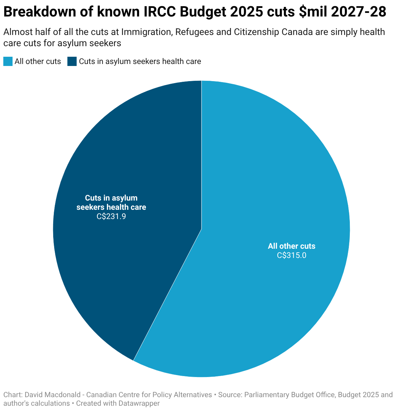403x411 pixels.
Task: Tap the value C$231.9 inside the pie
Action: coord(111,217)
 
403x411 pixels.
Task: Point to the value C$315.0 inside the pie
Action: coord(291,255)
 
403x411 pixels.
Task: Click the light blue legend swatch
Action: coord(8,61)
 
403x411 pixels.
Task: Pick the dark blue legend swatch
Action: coord(72,61)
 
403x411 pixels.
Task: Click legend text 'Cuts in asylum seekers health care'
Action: coord(140,61)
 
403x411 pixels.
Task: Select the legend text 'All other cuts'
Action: coord(38,61)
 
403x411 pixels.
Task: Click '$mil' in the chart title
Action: coord(311,12)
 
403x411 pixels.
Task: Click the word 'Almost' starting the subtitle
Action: coord(17,32)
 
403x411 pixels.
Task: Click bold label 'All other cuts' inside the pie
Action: coord(291,246)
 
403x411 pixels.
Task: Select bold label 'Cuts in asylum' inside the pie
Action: coord(111,198)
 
